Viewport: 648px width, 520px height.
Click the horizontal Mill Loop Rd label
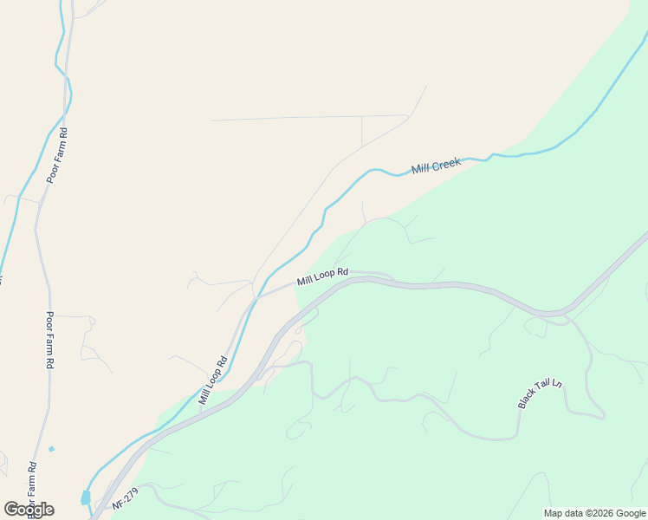[322, 276]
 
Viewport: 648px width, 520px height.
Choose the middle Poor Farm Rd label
[49, 340]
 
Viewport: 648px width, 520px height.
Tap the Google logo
[29, 510]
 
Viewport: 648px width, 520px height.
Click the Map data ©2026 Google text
[594, 513]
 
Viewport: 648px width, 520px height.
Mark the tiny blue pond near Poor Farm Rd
[52, 449]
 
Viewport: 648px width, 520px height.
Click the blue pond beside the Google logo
[85, 497]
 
